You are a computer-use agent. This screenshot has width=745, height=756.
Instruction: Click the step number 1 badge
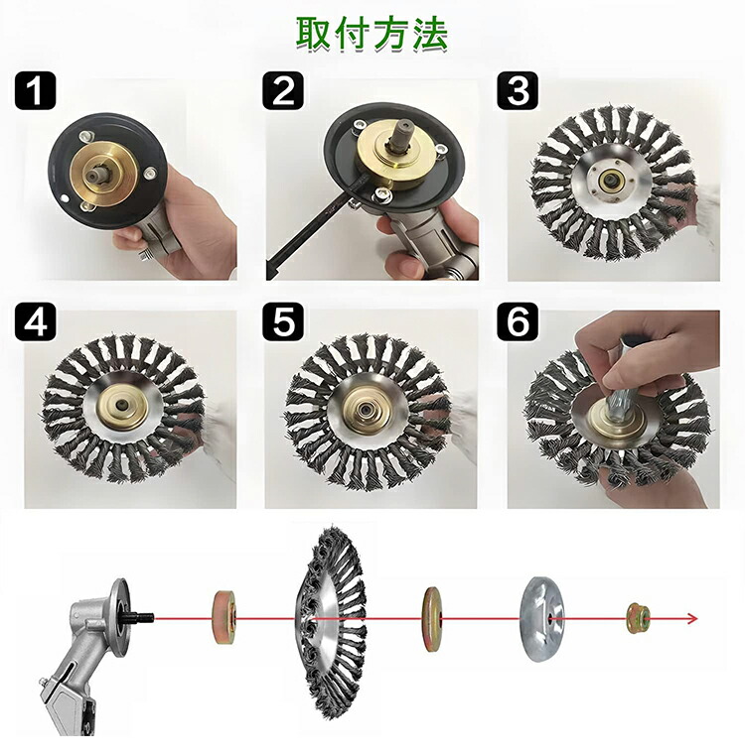click(35, 90)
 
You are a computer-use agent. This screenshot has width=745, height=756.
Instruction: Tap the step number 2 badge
click(283, 90)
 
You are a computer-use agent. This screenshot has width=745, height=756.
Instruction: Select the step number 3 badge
click(518, 90)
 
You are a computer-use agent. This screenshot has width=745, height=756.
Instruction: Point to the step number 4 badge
click(35, 321)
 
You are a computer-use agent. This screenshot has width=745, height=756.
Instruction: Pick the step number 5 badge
click(283, 321)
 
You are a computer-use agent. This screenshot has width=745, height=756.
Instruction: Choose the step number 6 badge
click(518, 321)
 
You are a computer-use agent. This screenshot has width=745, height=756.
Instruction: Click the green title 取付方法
click(372, 35)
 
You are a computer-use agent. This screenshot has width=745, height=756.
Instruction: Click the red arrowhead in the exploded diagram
click(692, 618)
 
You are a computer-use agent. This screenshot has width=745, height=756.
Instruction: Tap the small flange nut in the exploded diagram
click(639, 617)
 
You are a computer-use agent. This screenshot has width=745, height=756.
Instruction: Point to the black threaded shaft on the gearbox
click(141, 617)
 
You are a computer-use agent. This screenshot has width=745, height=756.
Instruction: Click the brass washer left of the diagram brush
click(224, 618)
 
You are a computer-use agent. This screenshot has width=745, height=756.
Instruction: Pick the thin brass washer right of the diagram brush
click(433, 618)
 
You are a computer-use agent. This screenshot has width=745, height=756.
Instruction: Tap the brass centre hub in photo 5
click(364, 407)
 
